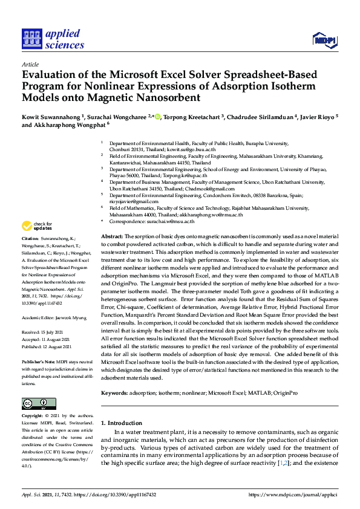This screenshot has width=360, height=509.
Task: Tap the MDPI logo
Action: pyautogui.click(x=324, y=40)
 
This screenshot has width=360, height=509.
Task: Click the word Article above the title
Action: pyautogui.click(x=30, y=64)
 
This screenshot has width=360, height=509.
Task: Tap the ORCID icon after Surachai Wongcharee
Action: pyautogui.click(x=158, y=116)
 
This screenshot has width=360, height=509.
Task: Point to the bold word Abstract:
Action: pyautogui.click(x=112, y=236)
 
